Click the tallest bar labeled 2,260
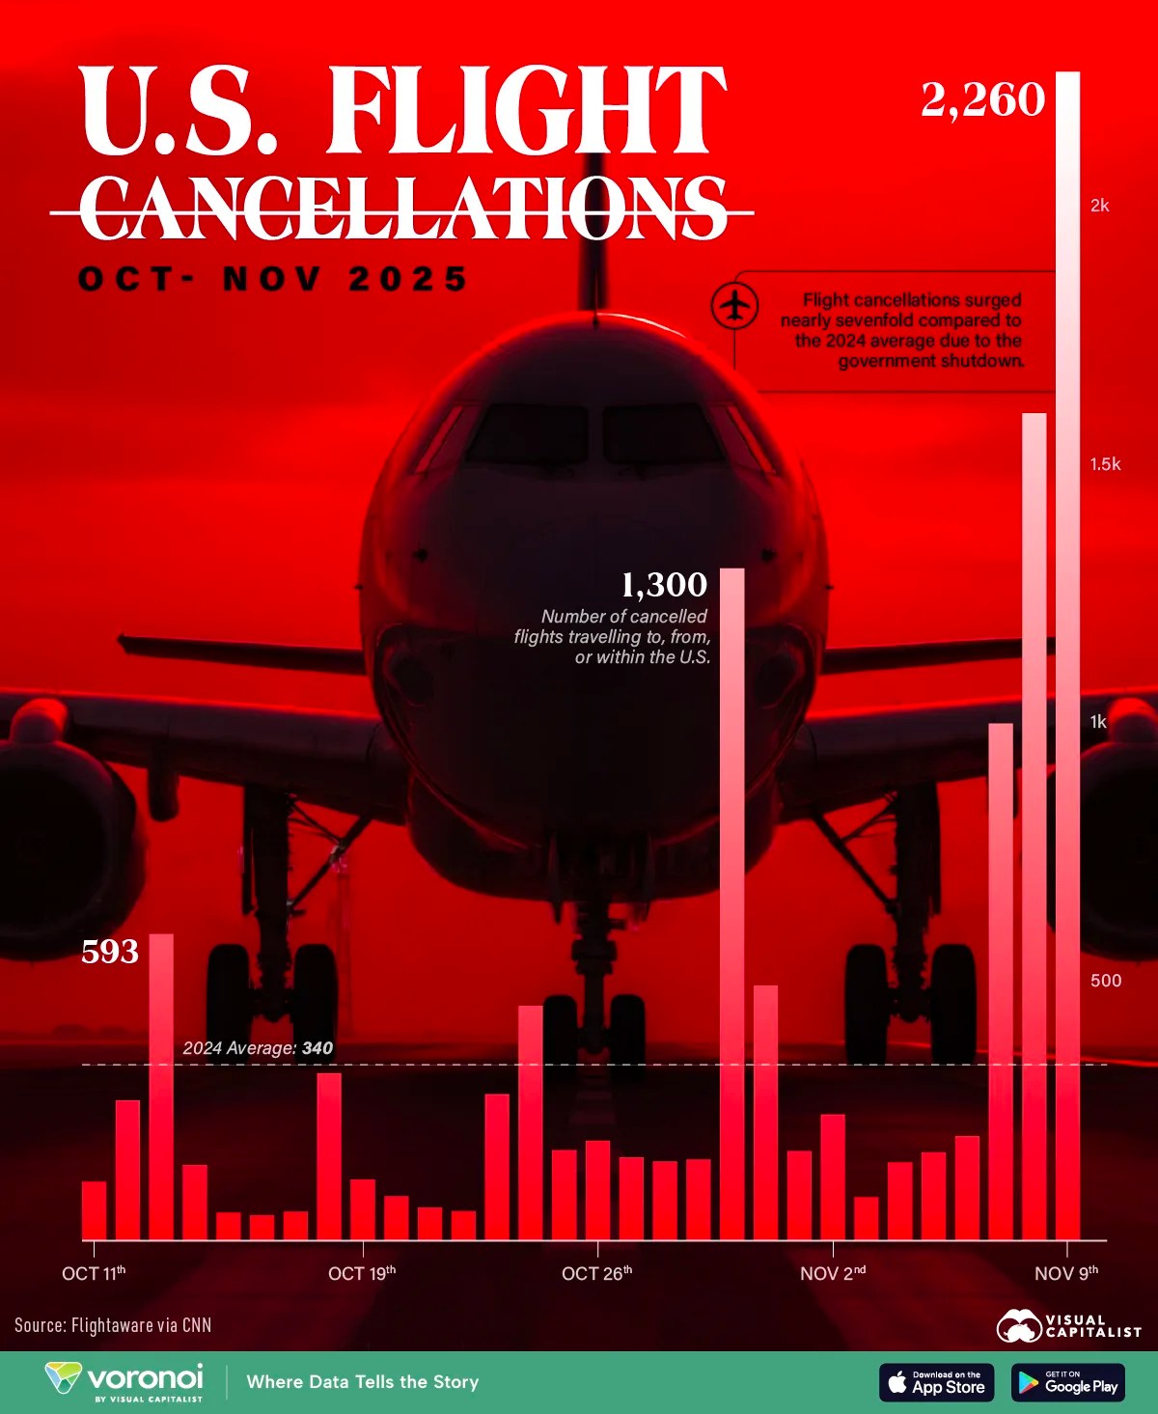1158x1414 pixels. (1067, 656)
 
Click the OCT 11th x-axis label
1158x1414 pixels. (94, 1273)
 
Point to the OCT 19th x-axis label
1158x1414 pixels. (362, 1273)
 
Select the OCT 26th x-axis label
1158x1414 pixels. (597, 1273)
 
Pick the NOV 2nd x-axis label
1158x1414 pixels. (833, 1273)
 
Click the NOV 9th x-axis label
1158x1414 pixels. (1066, 1273)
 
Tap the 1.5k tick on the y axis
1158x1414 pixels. (1105, 464)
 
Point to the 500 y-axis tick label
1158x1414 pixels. (1106, 981)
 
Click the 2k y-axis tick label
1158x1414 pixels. (1099, 206)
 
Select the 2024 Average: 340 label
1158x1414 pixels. (258, 1048)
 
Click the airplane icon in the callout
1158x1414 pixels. (735, 306)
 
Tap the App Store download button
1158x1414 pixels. (936, 1382)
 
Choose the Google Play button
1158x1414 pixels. (1068, 1382)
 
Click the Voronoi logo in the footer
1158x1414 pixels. (125, 1380)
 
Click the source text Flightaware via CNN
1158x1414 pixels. (113, 1325)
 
